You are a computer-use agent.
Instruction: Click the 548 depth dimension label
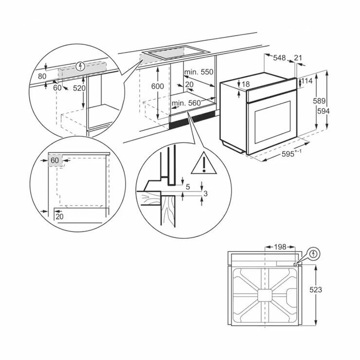tap(279, 58)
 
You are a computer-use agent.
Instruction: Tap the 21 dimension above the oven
tap(298, 58)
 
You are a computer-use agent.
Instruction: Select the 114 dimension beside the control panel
tap(307, 81)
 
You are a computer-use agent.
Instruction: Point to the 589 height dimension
tap(319, 101)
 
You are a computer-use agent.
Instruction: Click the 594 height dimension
tap(323, 111)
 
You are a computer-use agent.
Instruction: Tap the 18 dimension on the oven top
tap(246, 84)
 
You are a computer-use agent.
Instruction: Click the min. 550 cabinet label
tap(199, 72)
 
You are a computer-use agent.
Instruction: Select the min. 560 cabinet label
tap(186, 103)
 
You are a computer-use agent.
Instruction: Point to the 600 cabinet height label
tap(158, 86)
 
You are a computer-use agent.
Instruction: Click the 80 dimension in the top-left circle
tap(42, 76)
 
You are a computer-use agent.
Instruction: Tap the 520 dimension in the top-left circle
tap(79, 88)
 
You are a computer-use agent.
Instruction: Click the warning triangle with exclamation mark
tap(204, 163)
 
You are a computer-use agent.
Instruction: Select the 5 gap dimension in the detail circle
tap(188, 187)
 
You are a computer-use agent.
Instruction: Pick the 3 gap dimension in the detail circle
tap(205, 194)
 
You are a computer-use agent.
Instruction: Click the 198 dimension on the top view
tap(280, 247)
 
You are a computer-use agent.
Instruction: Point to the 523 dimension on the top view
tap(316, 290)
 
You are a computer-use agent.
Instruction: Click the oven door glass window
tap(272, 123)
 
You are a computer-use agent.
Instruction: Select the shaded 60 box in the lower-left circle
tap(55, 160)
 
